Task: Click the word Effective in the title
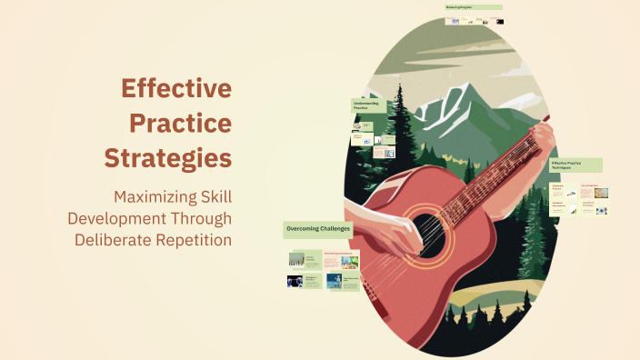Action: click(176, 88)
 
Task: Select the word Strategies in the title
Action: click(167, 156)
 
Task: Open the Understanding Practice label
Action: click(368, 105)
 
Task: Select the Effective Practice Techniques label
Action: click(575, 165)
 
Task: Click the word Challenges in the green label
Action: click(336, 228)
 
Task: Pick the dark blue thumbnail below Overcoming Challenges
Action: click(295, 282)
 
